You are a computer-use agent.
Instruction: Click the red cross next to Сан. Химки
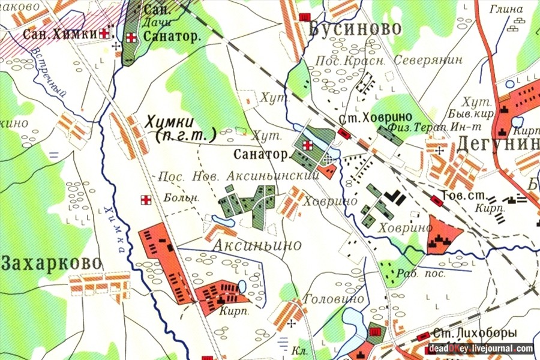[x=107, y=34]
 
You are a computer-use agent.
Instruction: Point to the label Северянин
[x=428, y=61]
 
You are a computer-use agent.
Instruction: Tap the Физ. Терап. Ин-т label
[x=410, y=127]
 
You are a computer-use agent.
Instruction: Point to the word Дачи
[x=155, y=23]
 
